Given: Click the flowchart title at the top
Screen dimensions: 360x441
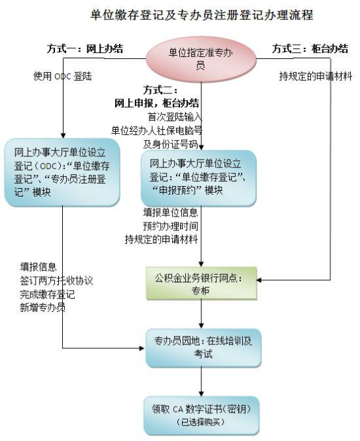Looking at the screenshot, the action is [x=201, y=15].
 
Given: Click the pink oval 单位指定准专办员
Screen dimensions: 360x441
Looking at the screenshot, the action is [x=201, y=59].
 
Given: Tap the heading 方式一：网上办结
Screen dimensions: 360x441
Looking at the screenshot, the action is [x=85, y=48].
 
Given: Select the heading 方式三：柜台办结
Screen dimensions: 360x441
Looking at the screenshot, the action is [x=310, y=48].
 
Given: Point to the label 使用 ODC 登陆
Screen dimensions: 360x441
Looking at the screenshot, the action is [x=62, y=76].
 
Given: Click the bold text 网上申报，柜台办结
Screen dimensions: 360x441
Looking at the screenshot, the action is [x=157, y=103].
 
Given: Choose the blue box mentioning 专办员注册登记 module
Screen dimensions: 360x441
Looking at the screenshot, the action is [x=62, y=172].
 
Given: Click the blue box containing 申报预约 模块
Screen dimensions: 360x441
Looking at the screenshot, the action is [x=199, y=178].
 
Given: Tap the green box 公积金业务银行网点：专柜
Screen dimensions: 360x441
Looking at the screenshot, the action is [x=201, y=283].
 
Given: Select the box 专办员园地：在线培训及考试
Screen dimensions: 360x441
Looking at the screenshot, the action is [x=203, y=348].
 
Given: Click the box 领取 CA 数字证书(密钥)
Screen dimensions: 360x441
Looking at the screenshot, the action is [x=201, y=415].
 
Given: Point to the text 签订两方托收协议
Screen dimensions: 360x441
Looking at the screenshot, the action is [x=56, y=281].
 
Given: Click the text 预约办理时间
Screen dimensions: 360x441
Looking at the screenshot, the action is [x=171, y=226].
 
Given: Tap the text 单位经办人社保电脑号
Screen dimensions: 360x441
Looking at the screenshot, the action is [x=157, y=131].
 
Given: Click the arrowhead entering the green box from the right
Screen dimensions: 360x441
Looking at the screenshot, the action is [x=259, y=280].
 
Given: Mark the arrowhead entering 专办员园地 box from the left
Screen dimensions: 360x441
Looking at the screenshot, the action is [x=142, y=348].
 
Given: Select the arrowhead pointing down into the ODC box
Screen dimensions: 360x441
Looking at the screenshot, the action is [x=63, y=135].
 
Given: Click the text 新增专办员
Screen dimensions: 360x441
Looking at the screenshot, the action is [x=43, y=308].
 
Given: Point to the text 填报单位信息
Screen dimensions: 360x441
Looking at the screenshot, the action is [x=171, y=213].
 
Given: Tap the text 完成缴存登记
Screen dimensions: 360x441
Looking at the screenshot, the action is [x=48, y=294].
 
